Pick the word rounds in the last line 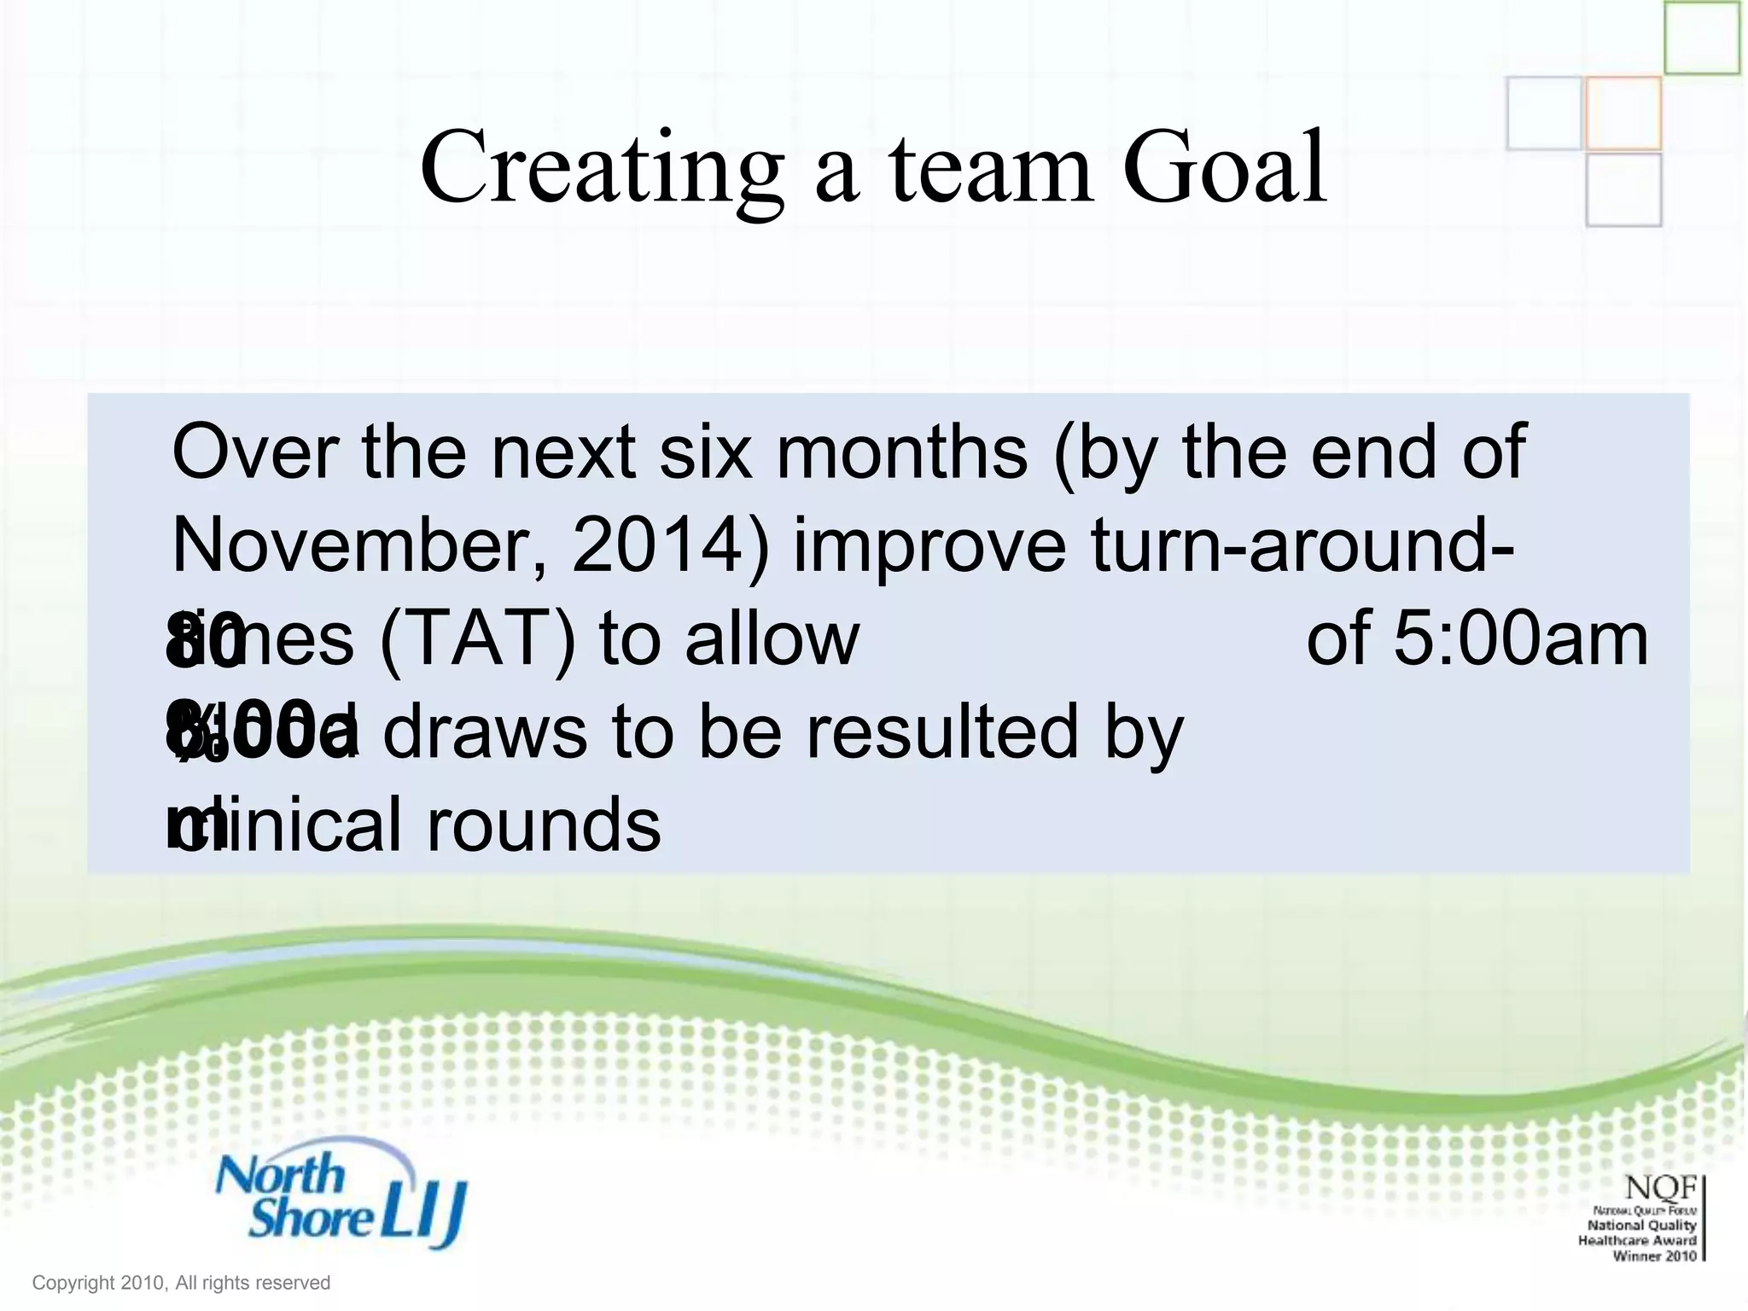543,825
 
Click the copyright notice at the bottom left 181,1283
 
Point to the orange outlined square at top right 1623,113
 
